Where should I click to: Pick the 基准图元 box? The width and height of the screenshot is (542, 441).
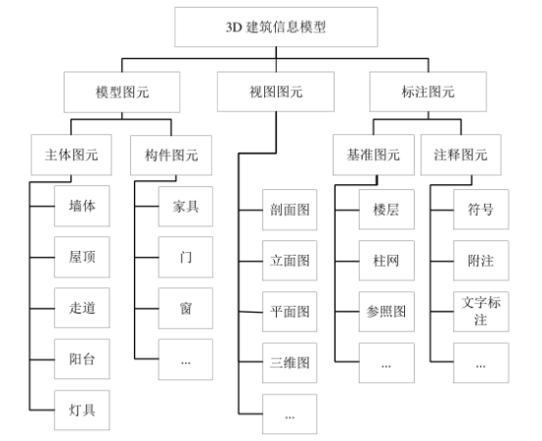tap(373, 154)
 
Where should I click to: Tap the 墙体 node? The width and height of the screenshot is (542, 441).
tap(82, 209)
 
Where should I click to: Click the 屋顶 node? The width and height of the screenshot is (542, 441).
tap(82, 260)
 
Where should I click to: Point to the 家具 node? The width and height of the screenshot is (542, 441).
tap(186, 209)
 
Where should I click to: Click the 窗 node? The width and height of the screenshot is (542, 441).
tap(186, 310)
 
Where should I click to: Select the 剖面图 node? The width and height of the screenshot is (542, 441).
tap(290, 211)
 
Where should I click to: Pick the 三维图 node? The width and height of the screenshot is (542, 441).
tap(290, 364)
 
